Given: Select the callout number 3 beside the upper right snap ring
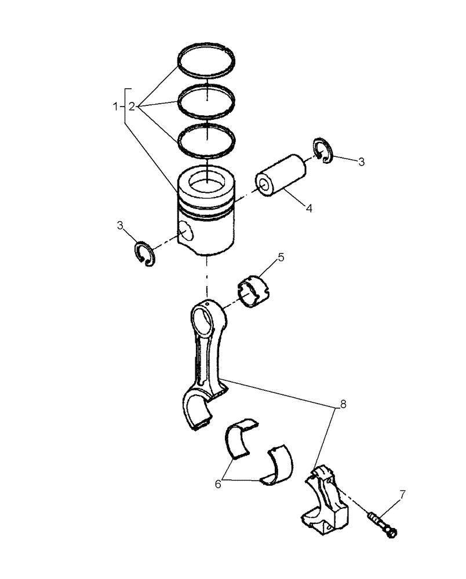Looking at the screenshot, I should pos(361,162).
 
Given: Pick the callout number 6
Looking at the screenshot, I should pos(218,483).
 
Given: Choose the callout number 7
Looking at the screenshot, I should pos(402,495).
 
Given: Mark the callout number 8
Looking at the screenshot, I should pos(343,404).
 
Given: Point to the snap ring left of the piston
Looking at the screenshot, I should pos(144,254).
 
